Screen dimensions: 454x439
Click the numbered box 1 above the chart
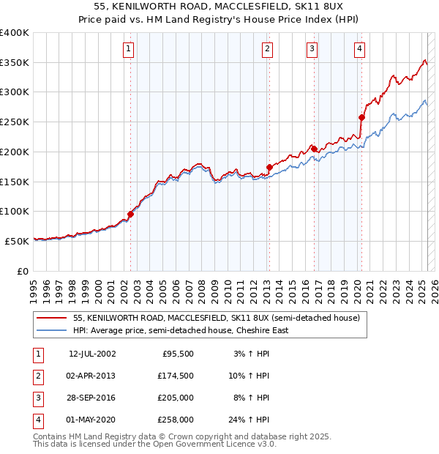click(x=128, y=49)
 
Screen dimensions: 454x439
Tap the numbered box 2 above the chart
click(x=268, y=49)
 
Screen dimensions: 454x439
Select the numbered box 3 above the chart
click(x=312, y=49)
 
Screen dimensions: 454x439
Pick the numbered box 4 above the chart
click(x=360, y=49)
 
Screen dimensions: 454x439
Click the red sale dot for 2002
click(x=131, y=214)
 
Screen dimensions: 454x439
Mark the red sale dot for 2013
click(x=269, y=168)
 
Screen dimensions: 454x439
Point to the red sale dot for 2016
click(x=314, y=149)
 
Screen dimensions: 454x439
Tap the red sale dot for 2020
click(x=361, y=117)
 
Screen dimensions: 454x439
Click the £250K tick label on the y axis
click(x=15, y=122)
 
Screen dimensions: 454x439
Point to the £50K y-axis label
click(x=18, y=241)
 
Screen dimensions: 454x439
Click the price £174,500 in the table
click(x=176, y=376)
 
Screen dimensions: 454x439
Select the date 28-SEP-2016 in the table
click(x=92, y=398)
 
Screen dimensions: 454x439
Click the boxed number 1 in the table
click(x=37, y=354)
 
